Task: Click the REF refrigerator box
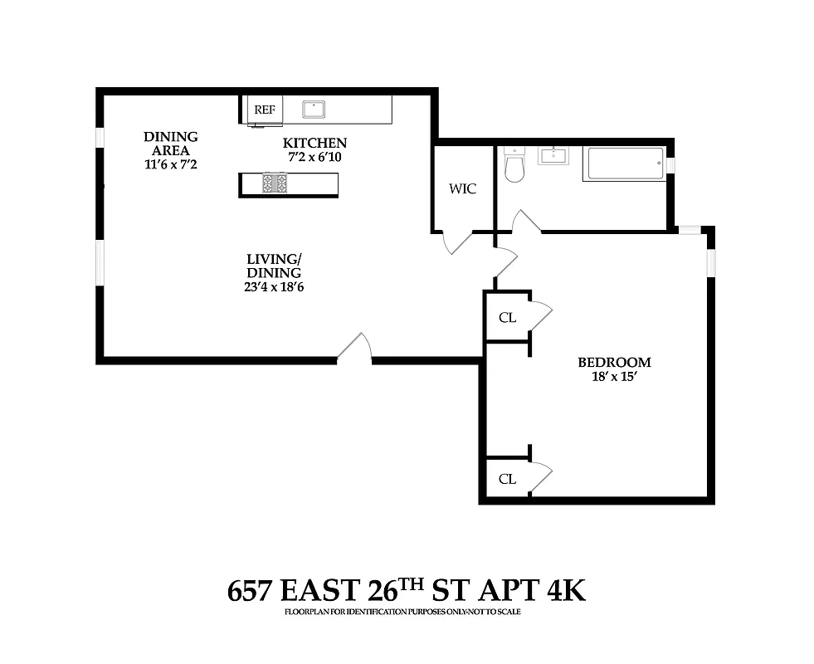pyautogui.click(x=265, y=110)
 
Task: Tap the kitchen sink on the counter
pyautogui.click(x=314, y=109)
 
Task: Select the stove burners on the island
pyautogui.click(x=275, y=183)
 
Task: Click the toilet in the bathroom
pyautogui.click(x=514, y=165)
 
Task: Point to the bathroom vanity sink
pyautogui.click(x=553, y=155)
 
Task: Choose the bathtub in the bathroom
pyautogui.click(x=624, y=164)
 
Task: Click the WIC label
pyautogui.click(x=462, y=188)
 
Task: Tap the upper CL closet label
pyautogui.click(x=507, y=316)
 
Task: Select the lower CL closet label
pyautogui.click(x=507, y=479)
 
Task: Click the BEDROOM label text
pyautogui.click(x=614, y=362)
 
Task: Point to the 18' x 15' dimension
pyautogui.click(x=614, y=377)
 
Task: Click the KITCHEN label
pyautogui.click(x=314, y=143)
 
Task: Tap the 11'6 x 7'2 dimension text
pyautogui.click(x=170, y=164)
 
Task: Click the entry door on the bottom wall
pyautogui.click(x=354, y=349)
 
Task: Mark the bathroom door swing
pyautogui.click(x=526, y=222)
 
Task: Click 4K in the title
pyautogui.click(x=566, y=591)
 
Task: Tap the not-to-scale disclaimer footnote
pyautogui.click(x=407, y=612)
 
